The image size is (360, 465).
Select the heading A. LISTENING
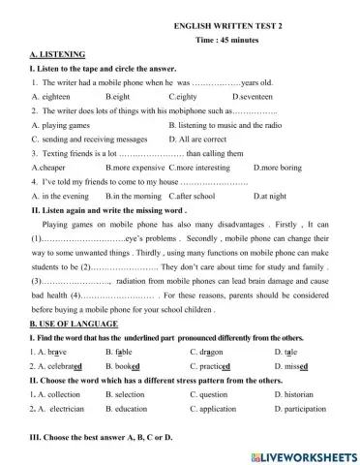[x=57, y=54]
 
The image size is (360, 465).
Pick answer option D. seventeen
[x=254, y=97]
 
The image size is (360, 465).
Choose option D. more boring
[x=265, y=167]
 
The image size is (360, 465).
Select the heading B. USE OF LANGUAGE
[x=74, y=323]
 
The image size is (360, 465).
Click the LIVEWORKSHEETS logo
[x=303, y=455]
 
